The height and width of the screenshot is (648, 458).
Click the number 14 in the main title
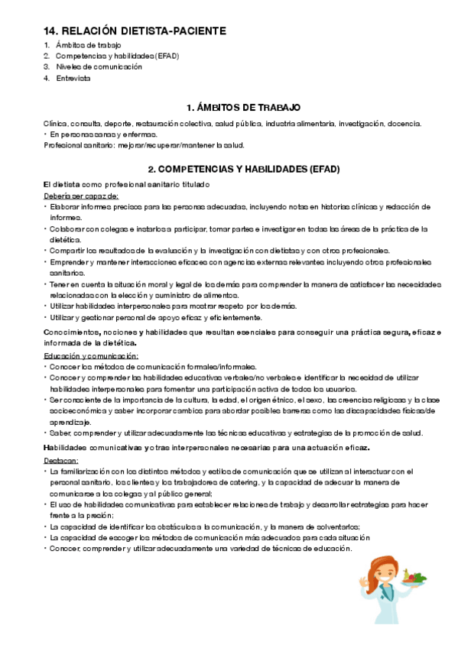(x=50, y=31)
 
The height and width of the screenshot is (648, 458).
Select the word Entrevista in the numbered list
(x=73, y=78)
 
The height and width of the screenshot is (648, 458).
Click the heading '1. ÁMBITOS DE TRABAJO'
(x=243, y=108)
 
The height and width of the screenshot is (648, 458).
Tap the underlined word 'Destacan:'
(x=60, y=462)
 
